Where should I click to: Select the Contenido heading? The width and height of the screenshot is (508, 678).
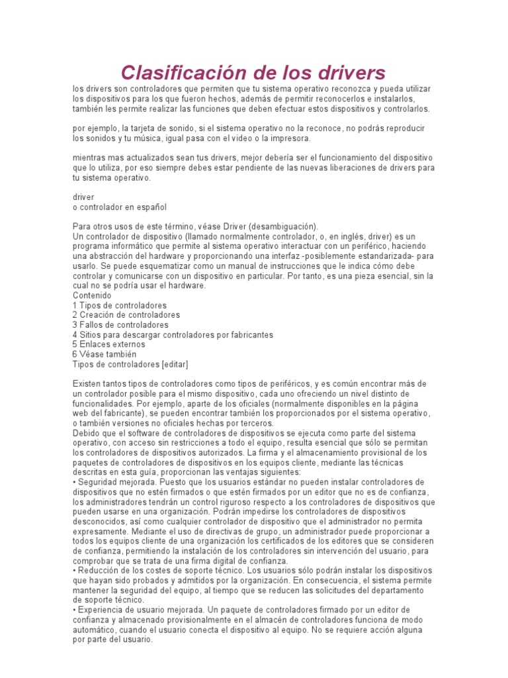click(x=92, y=295)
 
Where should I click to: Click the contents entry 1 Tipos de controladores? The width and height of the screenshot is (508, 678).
click(x=119, y=305)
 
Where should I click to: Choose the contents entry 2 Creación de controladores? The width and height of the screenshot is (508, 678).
click(x=126, y=315)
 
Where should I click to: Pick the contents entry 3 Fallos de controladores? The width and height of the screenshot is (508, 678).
click(x=120, y=325)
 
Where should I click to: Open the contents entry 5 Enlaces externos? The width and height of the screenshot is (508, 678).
click(x=108, y=344)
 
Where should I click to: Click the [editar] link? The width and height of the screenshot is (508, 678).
click(x=175, y=364)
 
